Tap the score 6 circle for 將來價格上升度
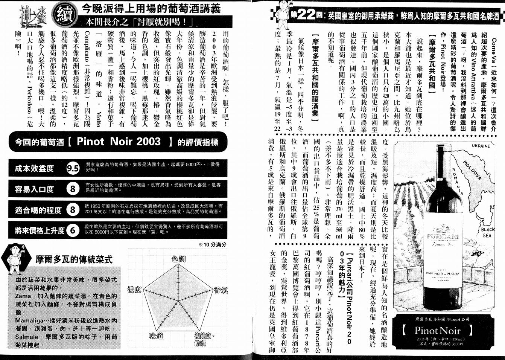73,230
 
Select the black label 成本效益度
34,168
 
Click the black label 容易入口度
34,189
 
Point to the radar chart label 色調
178,259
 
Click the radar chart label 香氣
220,290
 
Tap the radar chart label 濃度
134,290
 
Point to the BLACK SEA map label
488,232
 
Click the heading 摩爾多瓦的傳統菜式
74,259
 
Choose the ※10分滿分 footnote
212,244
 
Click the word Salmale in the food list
27,337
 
